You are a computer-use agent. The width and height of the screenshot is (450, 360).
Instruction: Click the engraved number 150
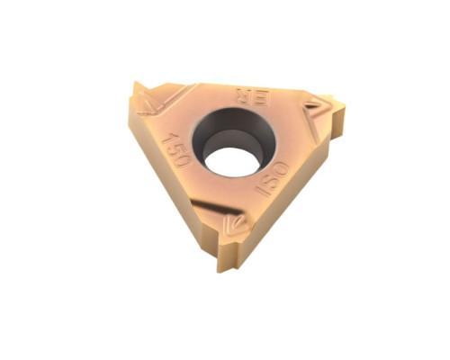pos(177,149)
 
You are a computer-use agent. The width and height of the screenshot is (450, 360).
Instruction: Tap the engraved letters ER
pos(253,96)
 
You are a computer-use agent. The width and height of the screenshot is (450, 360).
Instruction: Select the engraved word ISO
pos(272,179)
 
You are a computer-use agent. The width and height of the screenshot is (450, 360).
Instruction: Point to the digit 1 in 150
pos(168,139)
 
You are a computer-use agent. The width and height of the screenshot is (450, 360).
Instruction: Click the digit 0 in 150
pos(184,160)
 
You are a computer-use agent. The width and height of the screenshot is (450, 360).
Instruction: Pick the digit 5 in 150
pos(176,149)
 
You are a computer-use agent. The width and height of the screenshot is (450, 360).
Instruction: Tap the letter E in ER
pos(262,98)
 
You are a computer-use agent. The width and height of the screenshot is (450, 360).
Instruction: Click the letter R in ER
pos(245,95)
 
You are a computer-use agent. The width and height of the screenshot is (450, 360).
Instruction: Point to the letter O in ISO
pos(282,170)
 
